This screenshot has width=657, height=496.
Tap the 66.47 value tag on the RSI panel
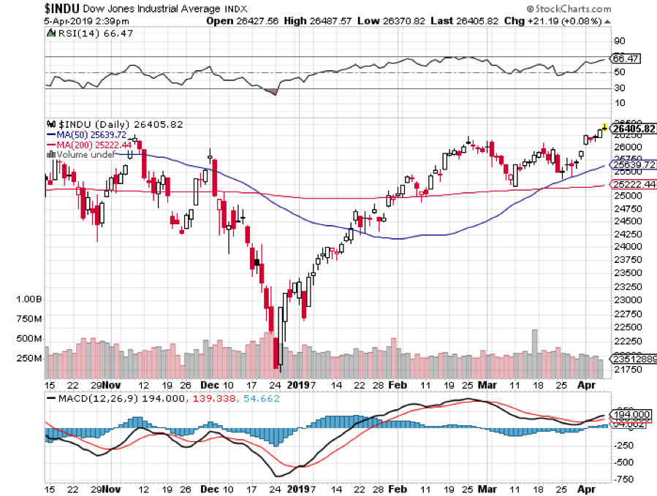(x=625, y=58)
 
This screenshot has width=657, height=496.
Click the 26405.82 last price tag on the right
(x=627, y=128)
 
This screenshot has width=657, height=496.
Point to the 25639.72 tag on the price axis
(x=626, y=165)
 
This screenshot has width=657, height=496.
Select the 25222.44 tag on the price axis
(x=626, y=184)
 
